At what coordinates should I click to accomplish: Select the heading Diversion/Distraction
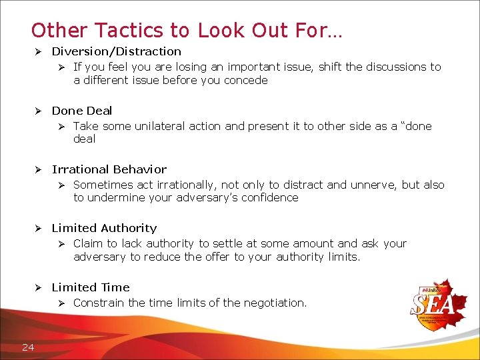(116, 51)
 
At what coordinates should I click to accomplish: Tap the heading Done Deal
(82, 111)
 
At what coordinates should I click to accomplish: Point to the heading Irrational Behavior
(109, 169)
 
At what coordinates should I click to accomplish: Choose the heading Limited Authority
(104, 228)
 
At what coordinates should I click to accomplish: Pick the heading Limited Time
(91, 287)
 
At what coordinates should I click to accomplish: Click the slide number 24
(28, 346)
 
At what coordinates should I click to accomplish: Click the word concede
(247, 81)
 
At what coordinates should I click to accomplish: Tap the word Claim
(88, 244)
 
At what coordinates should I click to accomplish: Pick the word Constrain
(99, 303)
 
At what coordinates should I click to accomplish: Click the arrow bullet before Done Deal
(39, 111)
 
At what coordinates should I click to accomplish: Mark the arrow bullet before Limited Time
(39, 287)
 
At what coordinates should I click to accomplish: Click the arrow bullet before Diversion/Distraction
(39, 51)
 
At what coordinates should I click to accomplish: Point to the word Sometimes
(102, 185)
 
